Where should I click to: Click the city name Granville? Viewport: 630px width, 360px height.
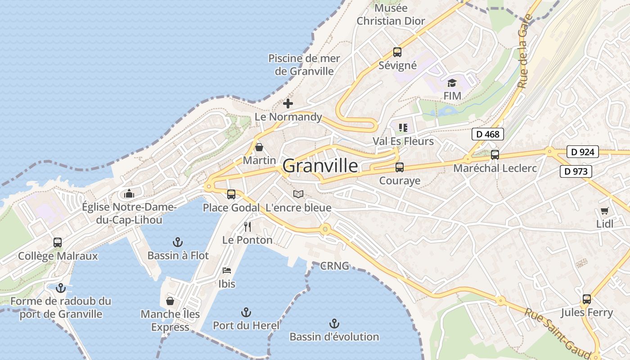320,166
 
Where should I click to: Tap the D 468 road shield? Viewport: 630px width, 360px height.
488,134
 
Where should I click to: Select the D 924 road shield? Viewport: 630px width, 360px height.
582,152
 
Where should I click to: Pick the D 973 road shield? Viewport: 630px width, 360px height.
576,171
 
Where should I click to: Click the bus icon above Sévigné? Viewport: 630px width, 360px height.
397,52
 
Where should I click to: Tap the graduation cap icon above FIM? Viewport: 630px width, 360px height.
452,83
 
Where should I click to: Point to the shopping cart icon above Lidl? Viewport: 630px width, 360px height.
604,211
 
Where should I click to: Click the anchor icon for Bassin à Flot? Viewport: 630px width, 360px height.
178,242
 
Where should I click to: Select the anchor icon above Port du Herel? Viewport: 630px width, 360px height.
246,312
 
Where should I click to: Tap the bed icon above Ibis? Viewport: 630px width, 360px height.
227,270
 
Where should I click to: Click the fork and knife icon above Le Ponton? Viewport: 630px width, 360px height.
247,226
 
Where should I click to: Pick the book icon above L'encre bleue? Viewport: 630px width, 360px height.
298,194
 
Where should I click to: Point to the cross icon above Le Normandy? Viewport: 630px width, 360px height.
288,103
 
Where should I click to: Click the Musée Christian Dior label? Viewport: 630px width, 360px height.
391,14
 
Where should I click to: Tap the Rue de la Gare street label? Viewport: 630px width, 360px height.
525,51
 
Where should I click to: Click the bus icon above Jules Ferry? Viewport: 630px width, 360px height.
586,299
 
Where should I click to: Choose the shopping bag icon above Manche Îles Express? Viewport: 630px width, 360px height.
170,301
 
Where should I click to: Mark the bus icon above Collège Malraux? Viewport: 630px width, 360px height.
58,242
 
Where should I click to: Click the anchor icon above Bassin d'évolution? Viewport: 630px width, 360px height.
334,323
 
